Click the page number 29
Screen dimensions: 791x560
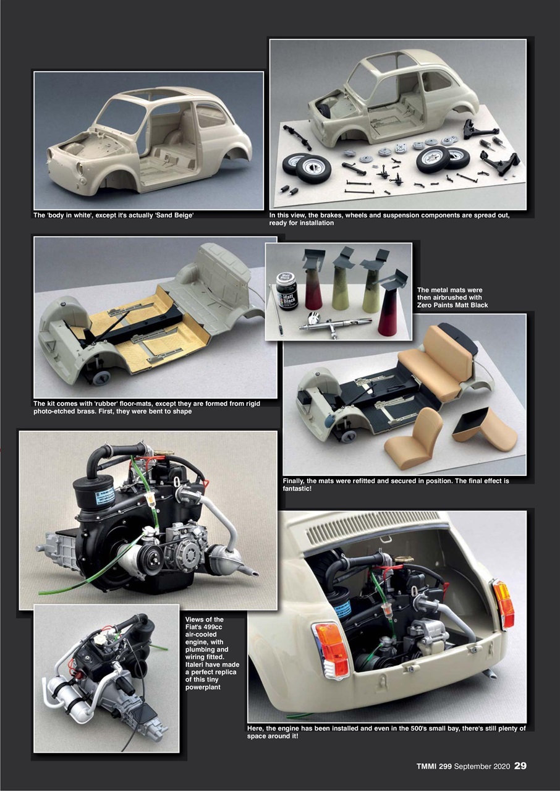tap(520, 766)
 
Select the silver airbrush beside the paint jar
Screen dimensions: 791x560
tap(334, 323)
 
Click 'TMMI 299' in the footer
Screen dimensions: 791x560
tap(434, 767)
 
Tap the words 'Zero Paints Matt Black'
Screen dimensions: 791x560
tap(452, 305)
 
